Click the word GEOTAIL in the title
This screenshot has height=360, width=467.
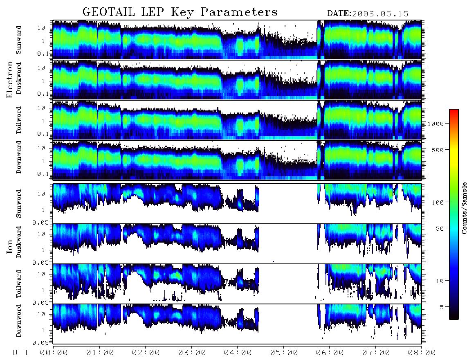(109, 12)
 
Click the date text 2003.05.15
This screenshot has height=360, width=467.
(380, 14)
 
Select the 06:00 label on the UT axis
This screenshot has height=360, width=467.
(330, 353)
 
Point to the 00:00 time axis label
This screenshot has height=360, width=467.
(54, 353)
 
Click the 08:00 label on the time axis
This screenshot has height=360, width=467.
(422, 353)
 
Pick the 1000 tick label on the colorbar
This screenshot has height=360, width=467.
(436, 124)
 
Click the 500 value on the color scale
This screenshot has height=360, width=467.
(438, 150)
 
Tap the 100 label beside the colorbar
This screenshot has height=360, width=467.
(438, 202)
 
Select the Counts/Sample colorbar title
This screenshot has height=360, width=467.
(464, 208)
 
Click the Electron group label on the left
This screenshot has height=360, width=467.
(9, 79)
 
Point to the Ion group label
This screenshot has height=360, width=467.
(9, 246)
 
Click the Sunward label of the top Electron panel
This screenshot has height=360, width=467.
(19, 40)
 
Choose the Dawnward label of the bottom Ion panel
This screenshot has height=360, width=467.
(19, 320)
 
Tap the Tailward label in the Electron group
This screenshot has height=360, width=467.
(19, 120)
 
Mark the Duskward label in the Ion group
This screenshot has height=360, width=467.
(19, 242)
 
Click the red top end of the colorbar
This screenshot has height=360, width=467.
(454, 110)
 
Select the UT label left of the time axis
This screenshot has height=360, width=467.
(20, 353)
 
